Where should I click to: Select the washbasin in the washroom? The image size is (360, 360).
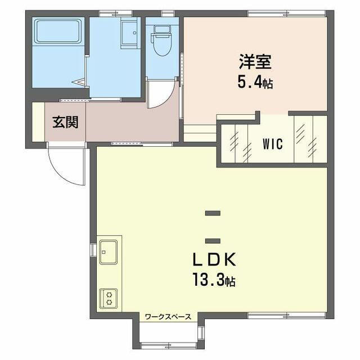click(130, 33)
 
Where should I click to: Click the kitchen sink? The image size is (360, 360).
click(109, 252)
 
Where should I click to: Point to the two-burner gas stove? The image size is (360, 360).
click(109, 299)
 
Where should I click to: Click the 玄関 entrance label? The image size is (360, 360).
click(65, 122)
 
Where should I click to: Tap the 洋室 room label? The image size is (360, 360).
click(255, 61)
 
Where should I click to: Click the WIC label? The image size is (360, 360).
click(272, 144)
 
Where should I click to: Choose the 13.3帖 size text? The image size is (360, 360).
click(214, 280)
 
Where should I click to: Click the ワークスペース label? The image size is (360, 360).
click(168, 317)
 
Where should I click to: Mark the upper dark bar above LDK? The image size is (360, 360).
click(213, 213)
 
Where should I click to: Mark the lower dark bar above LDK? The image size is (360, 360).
click(213, 241)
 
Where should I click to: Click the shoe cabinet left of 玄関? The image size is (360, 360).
click(38, 122)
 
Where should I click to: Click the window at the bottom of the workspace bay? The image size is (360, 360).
click(169, 345)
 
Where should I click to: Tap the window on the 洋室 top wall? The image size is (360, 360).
click(287, 13)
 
